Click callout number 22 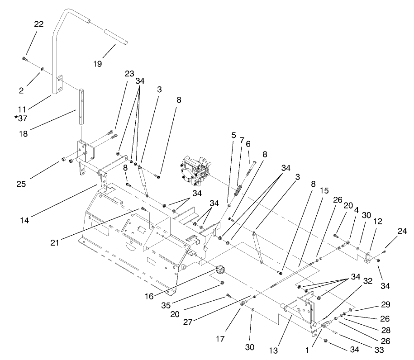[x=38, y=24]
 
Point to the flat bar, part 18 [x=81, y=106]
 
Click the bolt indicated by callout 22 [x=24, y=59]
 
